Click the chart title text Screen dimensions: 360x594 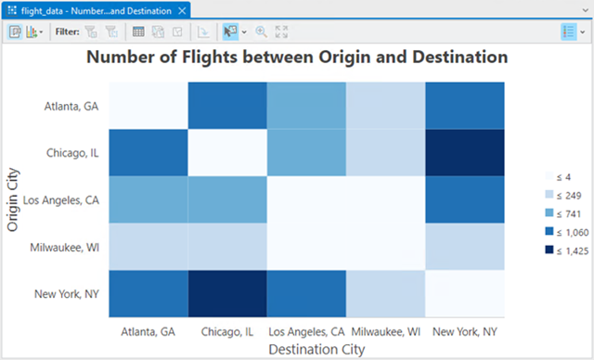click(x=297, y=58)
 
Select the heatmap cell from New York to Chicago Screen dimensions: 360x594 click(x=226, y=292)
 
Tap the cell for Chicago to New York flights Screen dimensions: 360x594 click(x=464, y=152)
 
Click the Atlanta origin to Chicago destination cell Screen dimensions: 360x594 click(x=226, y=106)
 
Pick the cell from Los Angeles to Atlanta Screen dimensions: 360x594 click(x=148, y=199)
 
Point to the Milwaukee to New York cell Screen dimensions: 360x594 click(x=464, y=246)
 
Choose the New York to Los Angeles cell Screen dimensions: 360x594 click(x=305, y=292)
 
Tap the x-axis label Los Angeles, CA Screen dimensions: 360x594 click(x=305, y=331)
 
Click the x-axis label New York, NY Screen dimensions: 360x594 click(x=464, y=331)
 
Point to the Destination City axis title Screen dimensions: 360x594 click(x=306, y=350)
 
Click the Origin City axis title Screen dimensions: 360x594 click(x=13, y=199)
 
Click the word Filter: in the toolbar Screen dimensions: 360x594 click(x=67, y=31)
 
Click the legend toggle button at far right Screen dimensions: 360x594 click(x=569, y=31)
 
